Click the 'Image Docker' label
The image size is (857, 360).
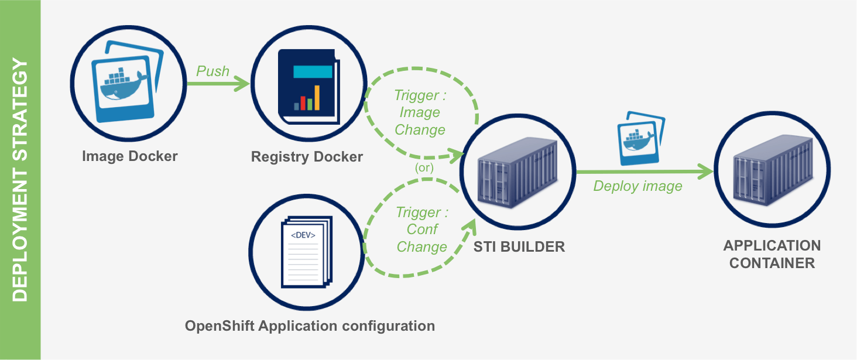[129, 156]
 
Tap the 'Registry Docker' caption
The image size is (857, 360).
[307, 157]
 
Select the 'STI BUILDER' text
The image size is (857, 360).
[519, 246]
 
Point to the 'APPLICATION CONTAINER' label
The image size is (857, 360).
[772, 254]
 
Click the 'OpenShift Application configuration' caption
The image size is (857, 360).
[310, 326]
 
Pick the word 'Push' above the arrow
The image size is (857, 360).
[212, 71]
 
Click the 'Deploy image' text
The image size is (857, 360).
[637, 186]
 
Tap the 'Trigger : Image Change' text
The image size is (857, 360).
[420, 112]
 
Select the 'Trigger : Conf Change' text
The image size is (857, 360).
[421, 229]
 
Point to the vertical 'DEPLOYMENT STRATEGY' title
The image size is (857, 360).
[20, 180]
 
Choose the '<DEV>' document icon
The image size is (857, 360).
[305, 253]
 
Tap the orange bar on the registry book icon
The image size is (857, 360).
[317, 98]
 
